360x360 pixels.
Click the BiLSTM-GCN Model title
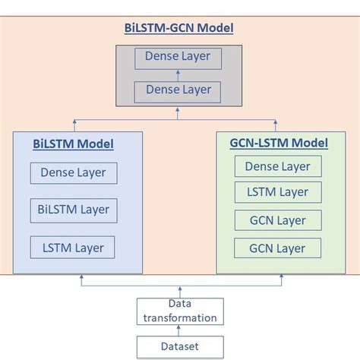[x=178, y=28]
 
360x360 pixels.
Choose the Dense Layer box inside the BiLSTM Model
[x=73, y=172]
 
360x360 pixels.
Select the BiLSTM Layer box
[x=73, y=209]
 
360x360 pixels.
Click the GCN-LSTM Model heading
[x=279, y=143]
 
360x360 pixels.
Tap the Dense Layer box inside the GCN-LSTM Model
[x=278, y=166]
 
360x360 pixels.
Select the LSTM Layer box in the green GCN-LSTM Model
[x=278, y=193]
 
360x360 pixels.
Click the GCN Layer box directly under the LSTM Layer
[x=278, y=221]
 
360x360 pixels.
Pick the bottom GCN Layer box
[x=278, y=248]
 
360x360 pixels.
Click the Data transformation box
[x=180, y=311]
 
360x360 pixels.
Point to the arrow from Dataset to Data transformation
[x=180, y=330]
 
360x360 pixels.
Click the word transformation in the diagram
[x=180, y=318]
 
